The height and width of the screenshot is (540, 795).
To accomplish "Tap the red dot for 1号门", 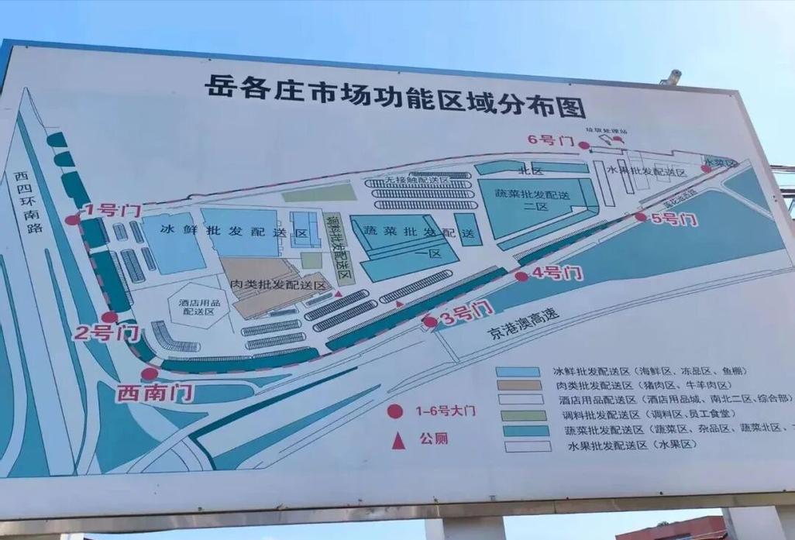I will tap(72, 220).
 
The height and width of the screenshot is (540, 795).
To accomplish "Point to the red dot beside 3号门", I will tap(430, 322).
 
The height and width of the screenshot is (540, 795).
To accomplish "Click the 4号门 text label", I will tap(558, 273).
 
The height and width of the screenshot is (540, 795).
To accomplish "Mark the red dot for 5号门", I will tap(641, 217).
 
